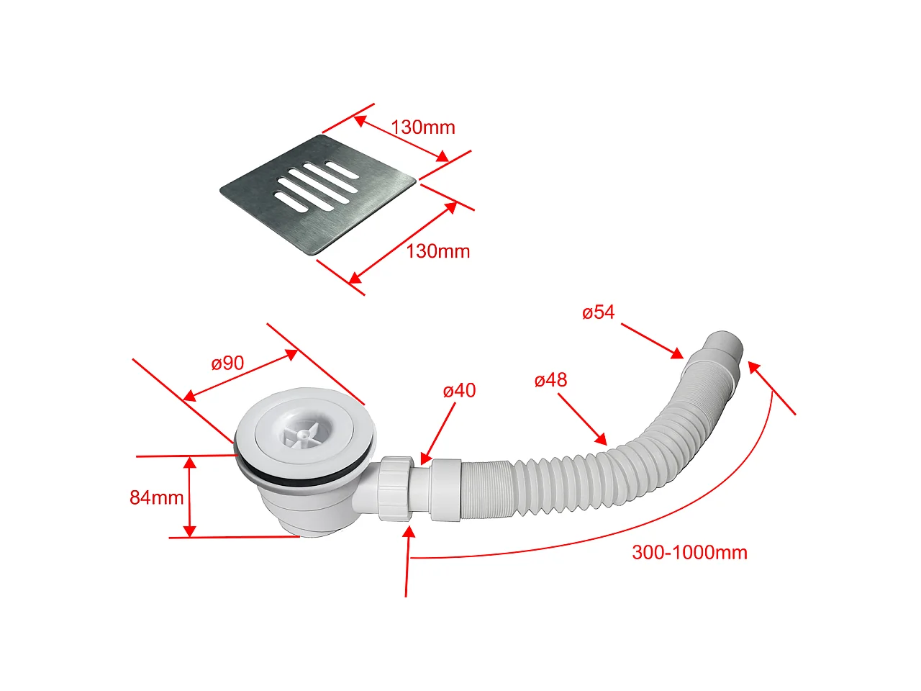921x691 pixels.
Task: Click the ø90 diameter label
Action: coord(227,363)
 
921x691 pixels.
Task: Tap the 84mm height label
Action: coord(157,497)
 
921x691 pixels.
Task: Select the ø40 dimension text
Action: coord(459,391)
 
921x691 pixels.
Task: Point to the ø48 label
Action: coord(550,380)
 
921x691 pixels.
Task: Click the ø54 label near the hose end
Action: coord(599,312)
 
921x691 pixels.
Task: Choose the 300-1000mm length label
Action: coord(689,553)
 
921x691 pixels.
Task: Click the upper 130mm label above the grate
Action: coord(423,127)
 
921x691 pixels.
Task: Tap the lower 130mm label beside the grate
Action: coord(438,252)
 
